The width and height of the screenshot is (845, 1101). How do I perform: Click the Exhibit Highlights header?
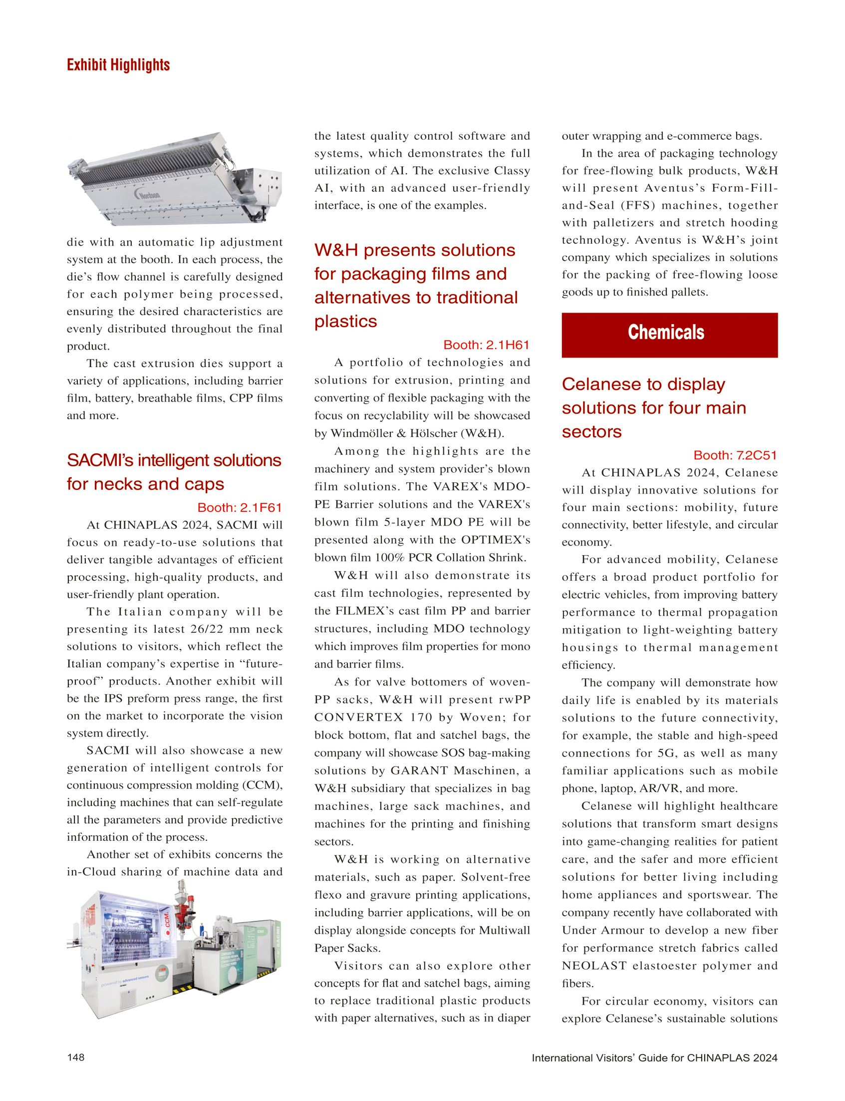[118, 65]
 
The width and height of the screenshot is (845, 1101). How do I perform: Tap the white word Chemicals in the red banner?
[666, 333]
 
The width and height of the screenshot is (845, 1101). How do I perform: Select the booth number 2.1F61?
[240, 507]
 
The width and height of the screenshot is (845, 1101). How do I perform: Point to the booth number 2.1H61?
[486, 345]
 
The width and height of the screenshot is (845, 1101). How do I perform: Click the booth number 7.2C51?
[735, 455]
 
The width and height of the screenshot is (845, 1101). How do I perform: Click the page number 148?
[76, 1057]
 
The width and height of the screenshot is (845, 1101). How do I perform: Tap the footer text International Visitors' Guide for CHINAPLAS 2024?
[654, 1057]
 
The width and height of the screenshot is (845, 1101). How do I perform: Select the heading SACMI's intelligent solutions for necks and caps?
[174, 471]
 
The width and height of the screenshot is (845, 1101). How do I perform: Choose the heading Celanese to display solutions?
[653, 407]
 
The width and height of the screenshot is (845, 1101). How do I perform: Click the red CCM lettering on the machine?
[168, 924]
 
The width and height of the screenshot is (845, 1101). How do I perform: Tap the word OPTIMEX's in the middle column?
[496, 539]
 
